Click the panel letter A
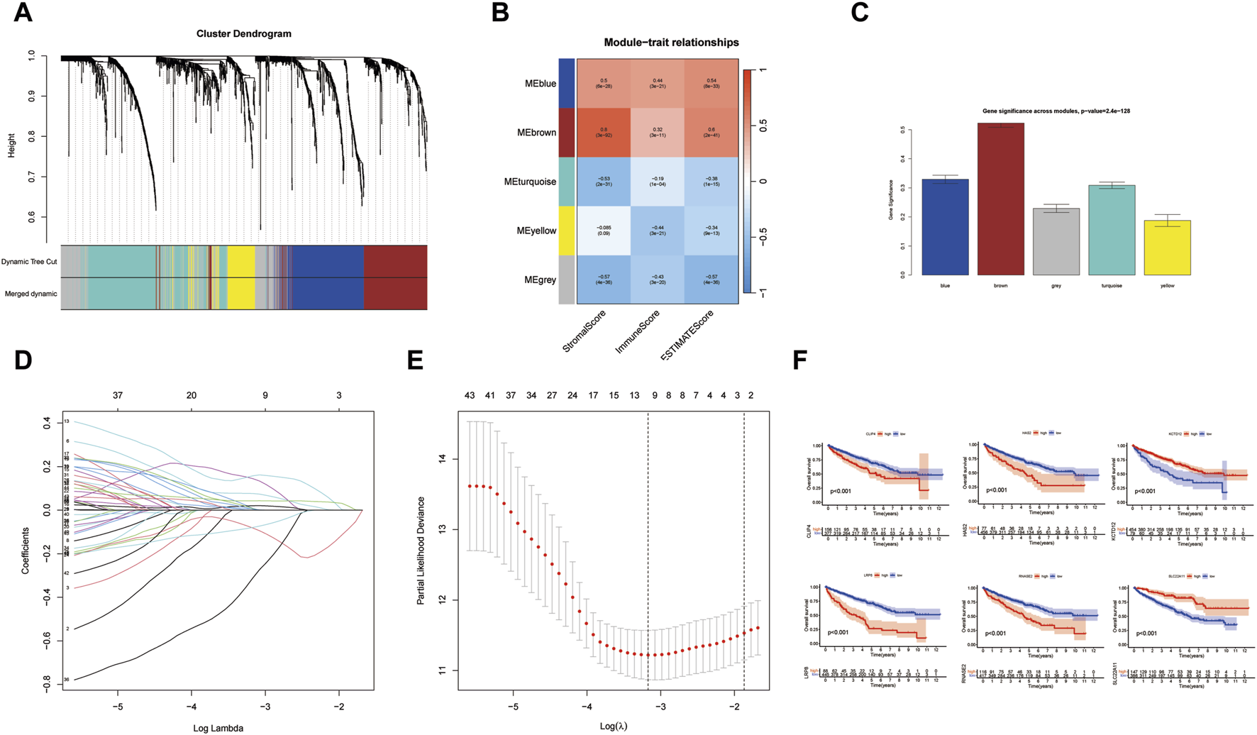(x=23, y=13)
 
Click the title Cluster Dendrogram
(x=243, y=33)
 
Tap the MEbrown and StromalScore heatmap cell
(x=604, y=132)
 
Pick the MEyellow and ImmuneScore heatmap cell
(x=657, y=231)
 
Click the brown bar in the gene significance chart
(x=1000, y=199)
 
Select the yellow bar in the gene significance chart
(x=1167, y=248)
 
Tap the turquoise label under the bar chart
(x=1112, y=286)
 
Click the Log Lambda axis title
(x=218, y=728)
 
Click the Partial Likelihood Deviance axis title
(x=421, y=551)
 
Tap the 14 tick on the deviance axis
(x=443, y=459)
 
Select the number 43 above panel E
(x=469, y=395)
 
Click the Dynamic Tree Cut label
(x=29, y=262)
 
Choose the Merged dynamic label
(x=31, y=294)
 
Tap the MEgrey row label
(x=541, y=280)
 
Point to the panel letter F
(x=799, y=361)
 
